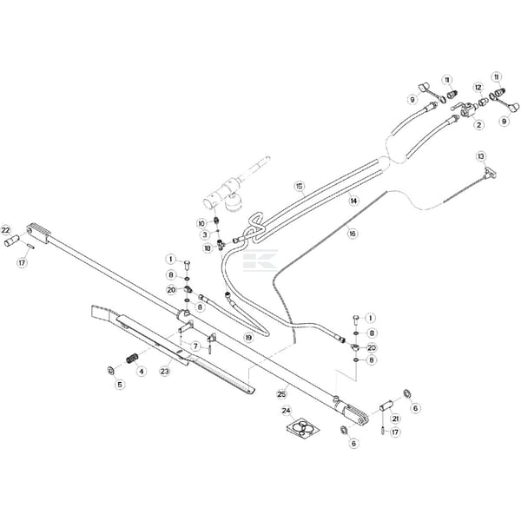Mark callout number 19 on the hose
pos(248,337)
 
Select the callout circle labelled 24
pos(287,411)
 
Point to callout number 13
pos(480,156)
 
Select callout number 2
pos(478,125)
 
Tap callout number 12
pos(478,87)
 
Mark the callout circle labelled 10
pos(201,223)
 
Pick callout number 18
pos(207,248)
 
